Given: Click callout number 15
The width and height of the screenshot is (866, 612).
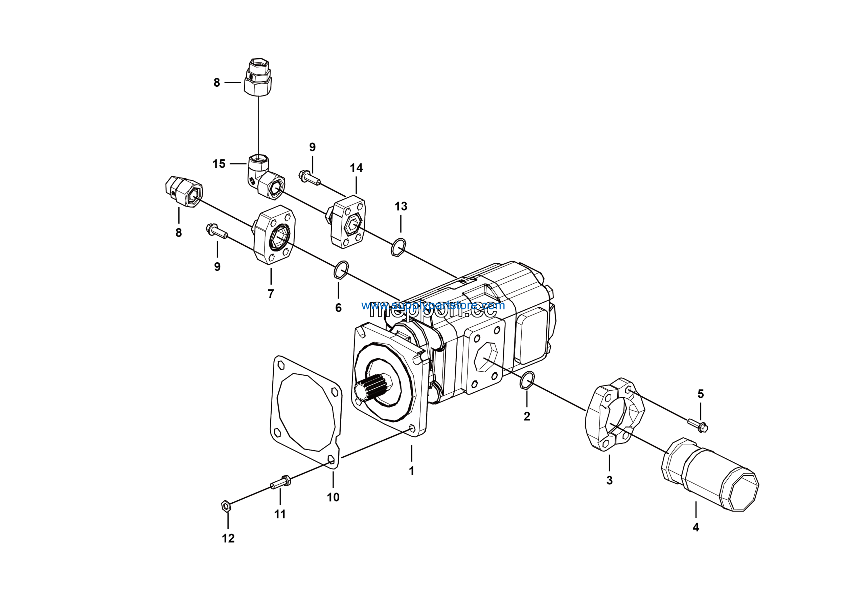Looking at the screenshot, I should [219, 164].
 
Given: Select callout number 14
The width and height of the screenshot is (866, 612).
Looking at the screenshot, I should [356, 168].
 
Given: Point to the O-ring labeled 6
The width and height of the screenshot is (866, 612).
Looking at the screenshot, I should [341, 269].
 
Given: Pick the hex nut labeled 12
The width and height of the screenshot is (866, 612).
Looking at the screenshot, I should [226, 506].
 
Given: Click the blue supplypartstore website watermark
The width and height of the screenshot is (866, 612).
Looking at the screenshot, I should [433, 305].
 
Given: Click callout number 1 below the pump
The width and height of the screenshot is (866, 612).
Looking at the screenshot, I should [411, 471].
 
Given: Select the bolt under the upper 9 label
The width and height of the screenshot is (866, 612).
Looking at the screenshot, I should [309, 178].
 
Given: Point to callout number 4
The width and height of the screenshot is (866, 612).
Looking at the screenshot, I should [696, 527].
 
